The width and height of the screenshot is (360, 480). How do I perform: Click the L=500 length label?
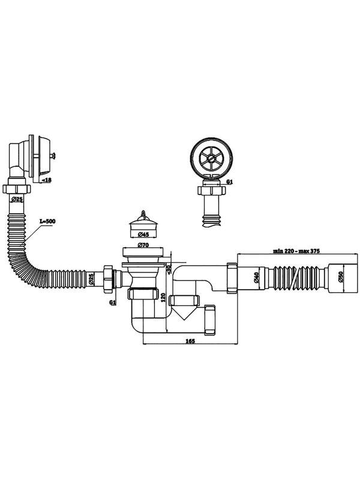pos(47,221)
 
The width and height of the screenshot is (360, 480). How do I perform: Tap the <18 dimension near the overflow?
pos(46,180)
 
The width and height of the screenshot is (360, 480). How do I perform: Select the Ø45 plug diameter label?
pos(143,235)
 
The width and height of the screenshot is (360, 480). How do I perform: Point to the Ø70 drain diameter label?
pos(143,245)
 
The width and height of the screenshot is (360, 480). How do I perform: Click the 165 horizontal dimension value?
pos(190,341)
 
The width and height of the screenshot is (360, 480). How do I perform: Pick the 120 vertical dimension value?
pos(163,297)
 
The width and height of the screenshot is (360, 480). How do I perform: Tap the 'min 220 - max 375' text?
pos(296,251)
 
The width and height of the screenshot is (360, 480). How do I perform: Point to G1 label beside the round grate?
pos(230,182)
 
